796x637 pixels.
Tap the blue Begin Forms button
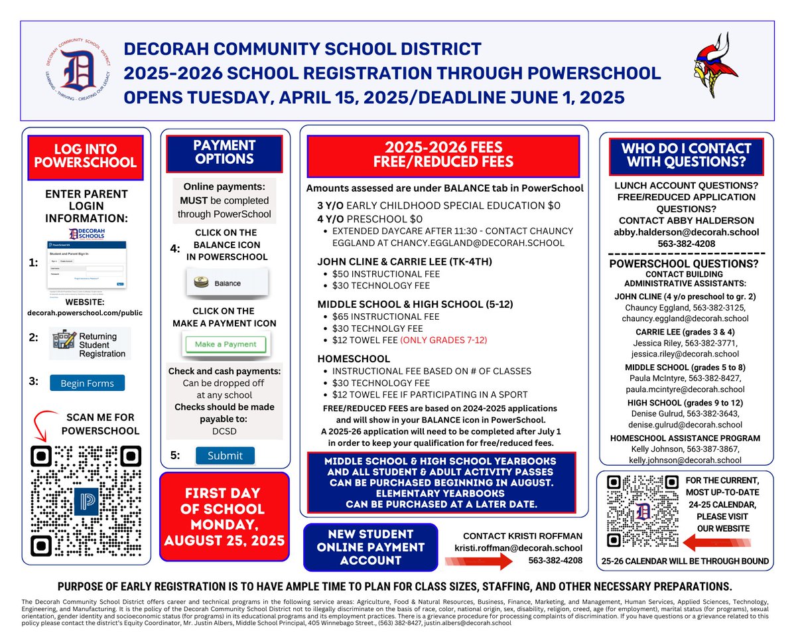(x=87, y=383)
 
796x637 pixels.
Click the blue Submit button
(x=224, y=455)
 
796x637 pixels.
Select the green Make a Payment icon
(x=225, y=344)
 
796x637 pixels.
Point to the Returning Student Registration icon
(x=92, y=343)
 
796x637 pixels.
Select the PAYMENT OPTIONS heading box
(x=225, y=152)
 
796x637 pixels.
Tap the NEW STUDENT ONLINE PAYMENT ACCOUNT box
(x=370, y=547)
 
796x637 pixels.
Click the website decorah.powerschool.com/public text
(x=86, y=313)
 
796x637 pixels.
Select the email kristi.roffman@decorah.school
(x=517, y=547)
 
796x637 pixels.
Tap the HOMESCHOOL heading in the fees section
(x=354, y=358)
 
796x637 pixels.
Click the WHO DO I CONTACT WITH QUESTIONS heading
(x=686, y=155)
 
